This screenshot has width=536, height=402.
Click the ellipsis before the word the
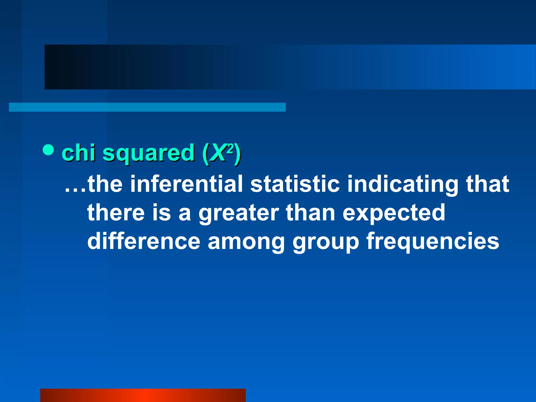pyautogui.click(x=75, y=190)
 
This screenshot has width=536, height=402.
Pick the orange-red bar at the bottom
pyautogui.click(x=143, y=395)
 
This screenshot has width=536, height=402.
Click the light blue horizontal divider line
pyautogui.click(x=147, y=107)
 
